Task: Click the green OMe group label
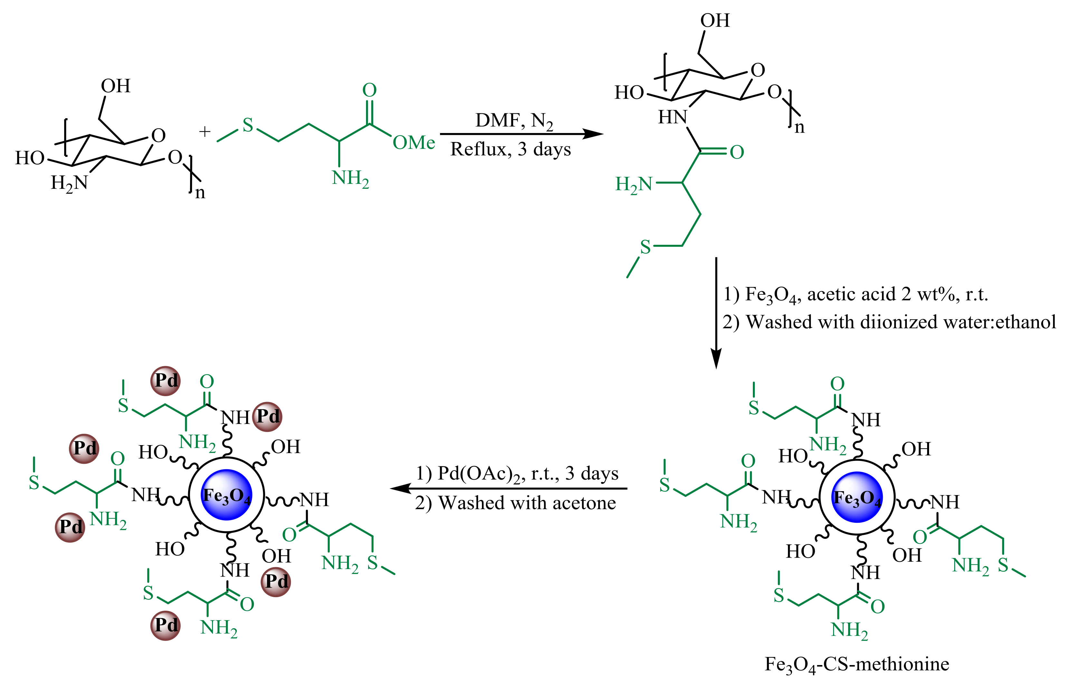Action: click(x=414, y=143)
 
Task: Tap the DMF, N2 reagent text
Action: click(x=514, y=120)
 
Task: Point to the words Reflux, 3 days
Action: click(x=510, y=149)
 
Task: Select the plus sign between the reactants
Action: click(x=204, y=132)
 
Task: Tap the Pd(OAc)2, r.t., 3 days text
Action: click(x=517, y=474)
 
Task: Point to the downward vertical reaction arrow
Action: click(x=716, y=312)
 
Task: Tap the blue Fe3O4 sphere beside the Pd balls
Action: click(x=227, y=495)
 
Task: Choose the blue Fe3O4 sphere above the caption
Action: click(x=857, y=497)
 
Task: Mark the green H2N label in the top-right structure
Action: click(x=634, y=184)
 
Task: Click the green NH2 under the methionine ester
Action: click(x=350, y=178)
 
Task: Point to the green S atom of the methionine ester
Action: click(x=248, y=125)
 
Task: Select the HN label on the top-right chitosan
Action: click(x=672, y=117)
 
